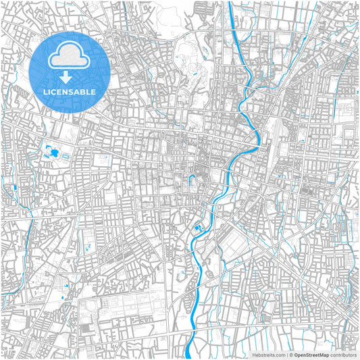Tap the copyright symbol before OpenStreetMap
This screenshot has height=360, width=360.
pos(290,355)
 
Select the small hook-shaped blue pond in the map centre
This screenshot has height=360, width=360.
pos(191,181)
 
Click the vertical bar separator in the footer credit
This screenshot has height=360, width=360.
pos(286,355)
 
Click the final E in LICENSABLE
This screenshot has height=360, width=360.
pos(93,91)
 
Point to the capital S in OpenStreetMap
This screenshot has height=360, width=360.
pos(309,355)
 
